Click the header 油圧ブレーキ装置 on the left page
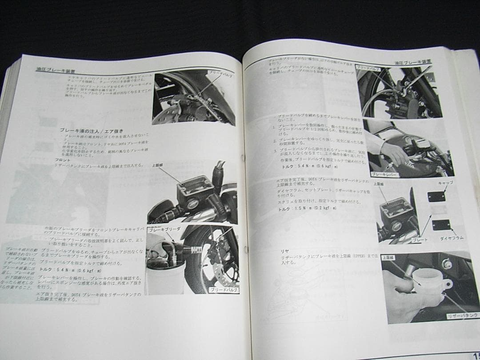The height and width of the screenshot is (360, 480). pyautogui.click(x=55, y=70)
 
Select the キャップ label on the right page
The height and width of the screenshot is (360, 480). pyautogui.click(x=445, y=183)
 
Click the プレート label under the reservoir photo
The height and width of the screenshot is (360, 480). pyautogui.click(x=420, y=240)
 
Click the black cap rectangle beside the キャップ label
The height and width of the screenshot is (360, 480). pyautogui.click(x=436, y=196)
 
